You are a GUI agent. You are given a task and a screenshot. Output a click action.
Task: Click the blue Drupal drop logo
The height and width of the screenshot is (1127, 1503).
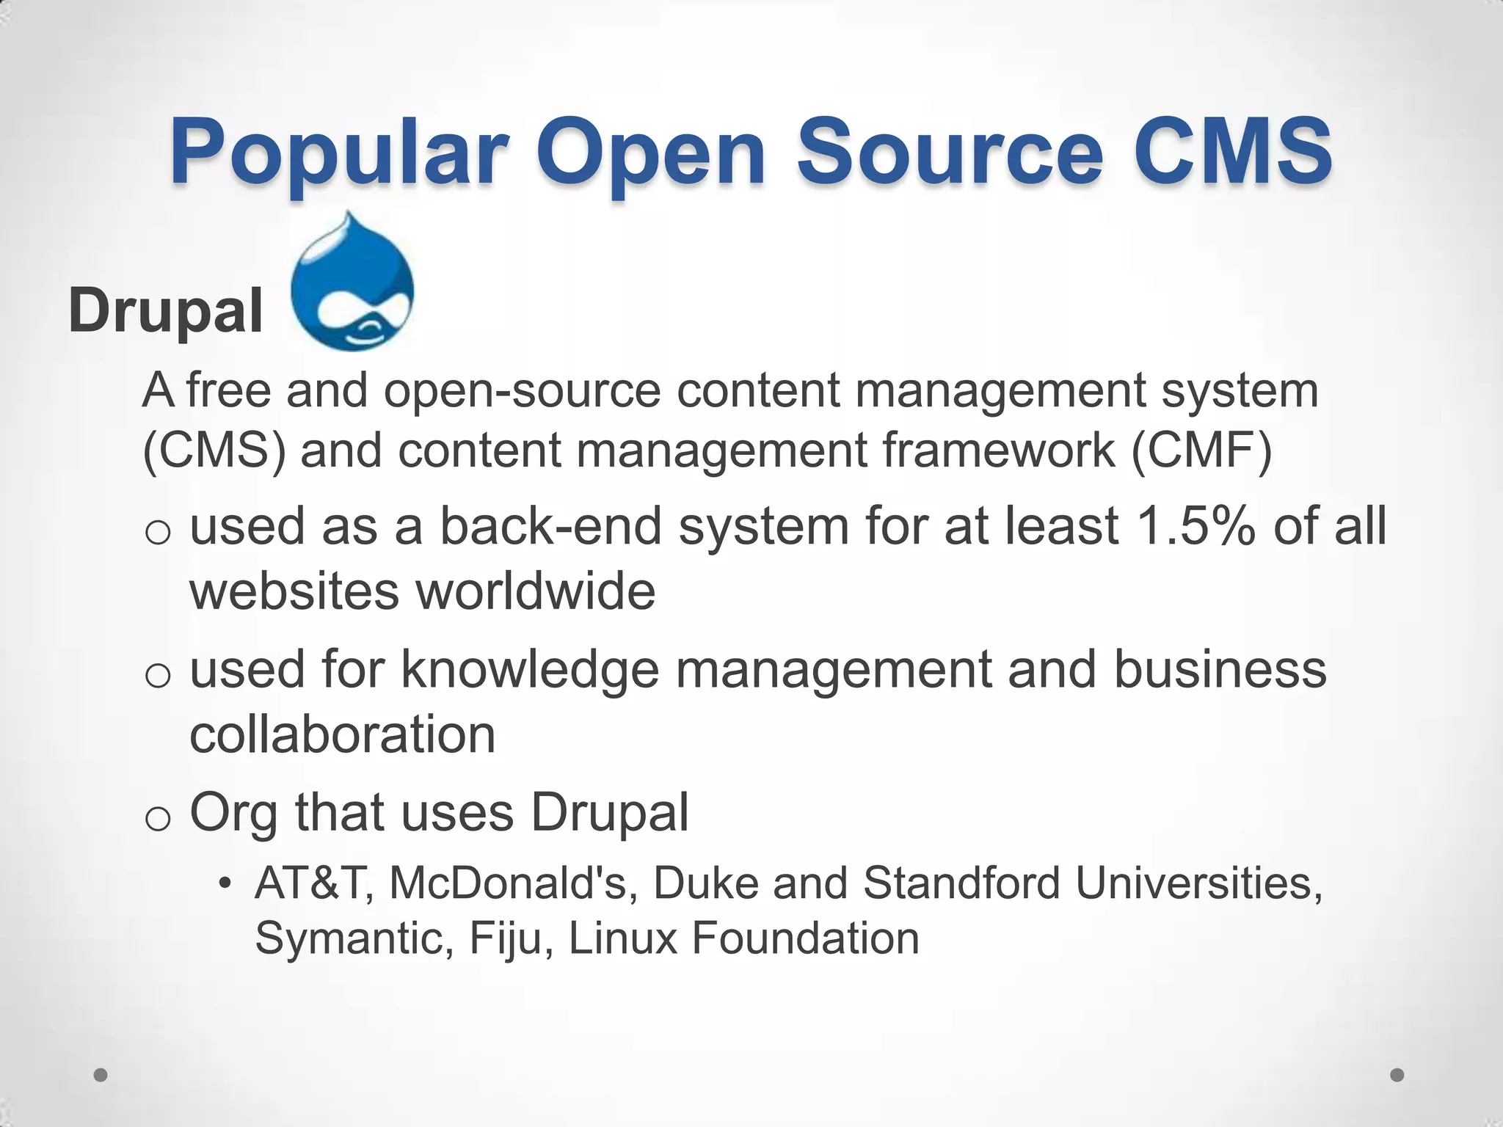352,282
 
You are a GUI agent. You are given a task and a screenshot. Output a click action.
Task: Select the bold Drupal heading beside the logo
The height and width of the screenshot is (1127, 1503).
165,310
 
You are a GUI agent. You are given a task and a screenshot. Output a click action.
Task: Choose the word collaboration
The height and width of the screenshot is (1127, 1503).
343,734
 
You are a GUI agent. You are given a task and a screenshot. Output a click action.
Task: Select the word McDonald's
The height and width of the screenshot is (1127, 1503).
508,883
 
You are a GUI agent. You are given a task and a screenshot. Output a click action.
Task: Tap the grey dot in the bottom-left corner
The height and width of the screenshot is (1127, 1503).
101,1076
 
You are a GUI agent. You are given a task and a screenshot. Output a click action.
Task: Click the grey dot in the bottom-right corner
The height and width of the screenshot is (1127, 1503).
1397,1076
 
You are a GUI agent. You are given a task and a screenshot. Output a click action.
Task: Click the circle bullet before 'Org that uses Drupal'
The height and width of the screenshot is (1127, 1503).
158,818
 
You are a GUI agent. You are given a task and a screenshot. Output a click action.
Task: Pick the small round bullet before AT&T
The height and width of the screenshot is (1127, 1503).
225,883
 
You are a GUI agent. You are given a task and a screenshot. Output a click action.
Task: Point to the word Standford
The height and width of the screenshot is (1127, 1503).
961,883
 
